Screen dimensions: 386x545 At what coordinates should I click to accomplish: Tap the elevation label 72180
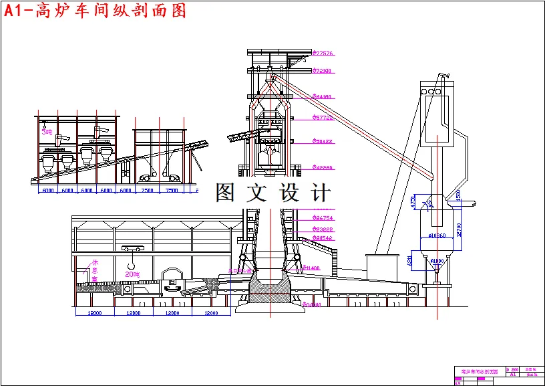(324, 71)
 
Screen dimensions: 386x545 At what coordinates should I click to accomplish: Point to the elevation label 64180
(324, 97)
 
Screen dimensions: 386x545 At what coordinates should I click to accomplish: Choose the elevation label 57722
(324, 118)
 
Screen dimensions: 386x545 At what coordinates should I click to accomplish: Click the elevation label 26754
(324, 218)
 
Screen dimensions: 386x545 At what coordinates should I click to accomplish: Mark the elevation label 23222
(324, 229)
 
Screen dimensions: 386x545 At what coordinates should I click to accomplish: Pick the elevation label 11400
(311, 268)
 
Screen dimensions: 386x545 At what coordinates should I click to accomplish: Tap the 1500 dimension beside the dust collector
(459, 195)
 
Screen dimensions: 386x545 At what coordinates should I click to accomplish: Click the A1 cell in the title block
(513, 375)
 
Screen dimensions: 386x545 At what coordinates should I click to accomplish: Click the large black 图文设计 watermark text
(272, 193)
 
